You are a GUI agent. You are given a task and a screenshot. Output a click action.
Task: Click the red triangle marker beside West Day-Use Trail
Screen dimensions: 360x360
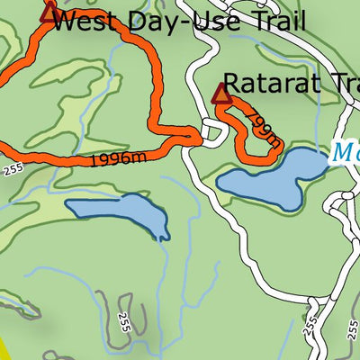[x=49, y=11]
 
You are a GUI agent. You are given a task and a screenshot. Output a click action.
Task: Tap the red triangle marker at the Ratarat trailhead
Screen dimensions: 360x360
[x=221, y=93]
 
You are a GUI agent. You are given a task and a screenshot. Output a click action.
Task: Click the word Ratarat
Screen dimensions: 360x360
[x=274, y=84]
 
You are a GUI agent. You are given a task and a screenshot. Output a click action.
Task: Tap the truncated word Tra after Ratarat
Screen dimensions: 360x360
[x=346, y=84]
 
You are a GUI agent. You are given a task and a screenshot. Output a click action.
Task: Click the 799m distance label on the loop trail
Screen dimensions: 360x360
[x=262, y=130]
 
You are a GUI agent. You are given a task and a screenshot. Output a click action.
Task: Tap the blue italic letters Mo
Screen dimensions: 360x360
[x=346, y=151]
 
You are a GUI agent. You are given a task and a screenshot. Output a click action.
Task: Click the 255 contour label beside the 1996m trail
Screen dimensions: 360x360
[x=12, y=167]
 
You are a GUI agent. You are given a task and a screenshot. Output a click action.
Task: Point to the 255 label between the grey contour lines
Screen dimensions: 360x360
[x=123, y=323]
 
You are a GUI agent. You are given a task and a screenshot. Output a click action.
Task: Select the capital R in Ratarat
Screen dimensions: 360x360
[x=232, y=84]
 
